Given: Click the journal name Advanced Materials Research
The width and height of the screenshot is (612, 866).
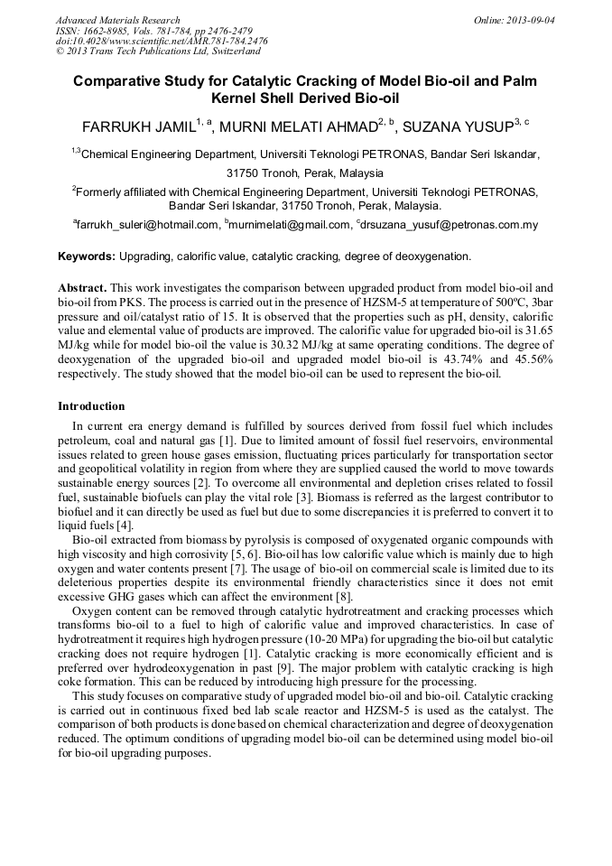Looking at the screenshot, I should click(x=117, y=20).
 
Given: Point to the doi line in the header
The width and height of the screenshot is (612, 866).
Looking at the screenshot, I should click(x=162, y=41).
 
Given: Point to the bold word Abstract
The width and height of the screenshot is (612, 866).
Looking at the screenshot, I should click(x=83, y=286).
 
